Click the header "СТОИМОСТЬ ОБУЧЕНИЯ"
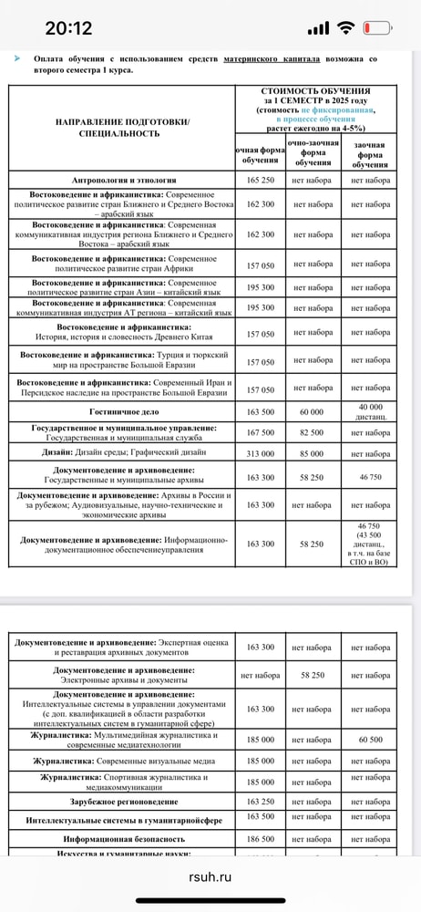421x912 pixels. pyautogui.click(x=315, y=92)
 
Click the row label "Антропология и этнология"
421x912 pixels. pyautogui.click(x=124, y=180)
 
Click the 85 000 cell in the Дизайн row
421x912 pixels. pyautogui.click(x=312, y=454)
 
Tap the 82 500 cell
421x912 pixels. pyautogui.click(x=312, y=432)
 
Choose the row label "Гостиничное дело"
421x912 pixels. pyautogui.click(x=124, y=411)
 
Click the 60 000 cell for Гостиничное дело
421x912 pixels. pyautogui.click(x=312, y=411)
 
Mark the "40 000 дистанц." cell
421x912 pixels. pyautogui.click(x=370, y=411)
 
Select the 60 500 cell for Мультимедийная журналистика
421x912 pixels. pyautogui.click(x=370, y=740)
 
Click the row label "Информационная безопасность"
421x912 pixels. pyautogui.click(x=124, y=836)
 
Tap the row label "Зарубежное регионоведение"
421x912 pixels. pyautogui.click(x=124, y=802)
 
